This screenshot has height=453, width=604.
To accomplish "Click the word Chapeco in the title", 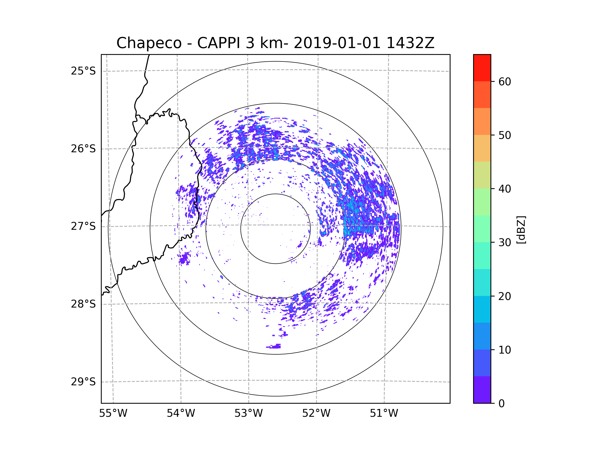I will (x=149, y=43).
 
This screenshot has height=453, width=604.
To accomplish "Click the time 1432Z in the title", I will (x=410, y=43).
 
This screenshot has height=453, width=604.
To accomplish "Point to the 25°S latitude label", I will (x=83, y=71).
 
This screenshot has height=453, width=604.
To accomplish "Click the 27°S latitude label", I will (x=83, y=226).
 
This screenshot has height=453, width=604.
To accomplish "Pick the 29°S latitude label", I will (x=83, y=382).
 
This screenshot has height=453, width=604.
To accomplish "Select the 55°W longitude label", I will (x=113, y=413).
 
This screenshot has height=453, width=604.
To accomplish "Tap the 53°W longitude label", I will (x=248, y=413).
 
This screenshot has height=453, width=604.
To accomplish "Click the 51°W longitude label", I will (x=384, y=413).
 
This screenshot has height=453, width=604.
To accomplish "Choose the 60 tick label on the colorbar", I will (x=505, y=82).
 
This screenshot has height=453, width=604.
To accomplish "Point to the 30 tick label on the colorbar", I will (x=505, y=242).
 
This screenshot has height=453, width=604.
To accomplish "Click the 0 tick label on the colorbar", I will (x=502, y=404).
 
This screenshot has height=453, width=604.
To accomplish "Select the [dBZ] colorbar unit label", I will (x=521, y=230).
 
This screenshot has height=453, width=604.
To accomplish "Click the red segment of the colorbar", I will (x=482, y=68).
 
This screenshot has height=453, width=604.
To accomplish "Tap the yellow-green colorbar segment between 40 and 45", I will (x=482, y=175).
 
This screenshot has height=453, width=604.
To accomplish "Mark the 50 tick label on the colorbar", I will (x=505, y=135).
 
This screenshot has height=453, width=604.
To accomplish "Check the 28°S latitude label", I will (x=83, y=304).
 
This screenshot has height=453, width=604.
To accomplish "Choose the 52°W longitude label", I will (x=316, y=413).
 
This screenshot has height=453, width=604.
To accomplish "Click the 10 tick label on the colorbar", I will (x=505, y=350).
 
